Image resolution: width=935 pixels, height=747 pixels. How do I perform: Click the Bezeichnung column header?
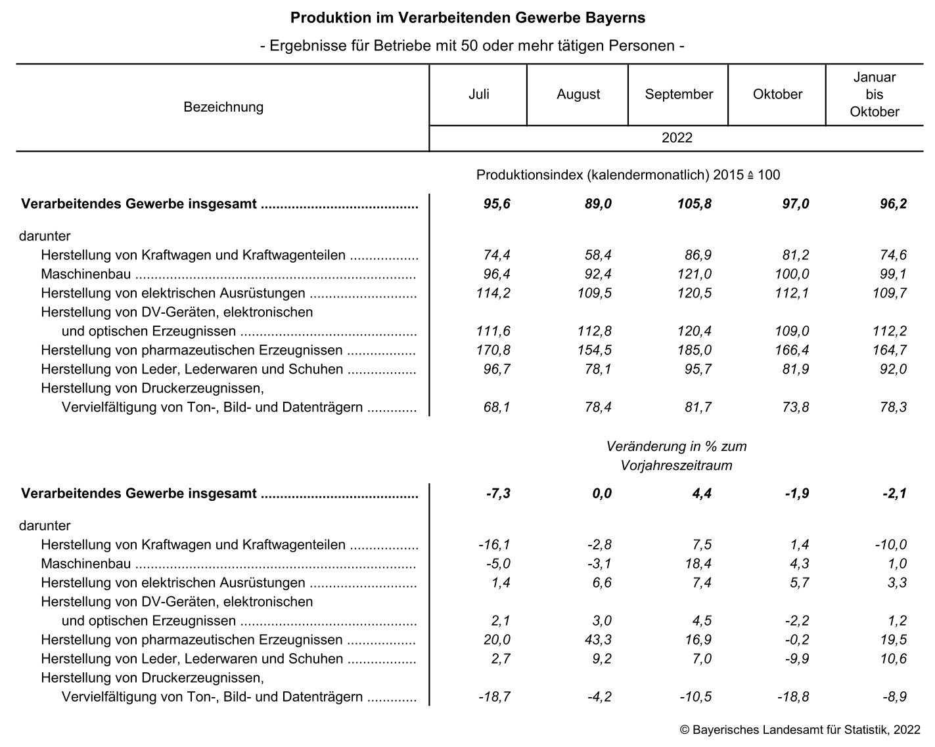(x=223, y=107)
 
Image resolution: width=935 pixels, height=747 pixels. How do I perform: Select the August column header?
(x=578, y=95)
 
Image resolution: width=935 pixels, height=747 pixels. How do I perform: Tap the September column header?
(x=679, y=95)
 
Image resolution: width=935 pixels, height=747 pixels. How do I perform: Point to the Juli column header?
(x=478, y=95)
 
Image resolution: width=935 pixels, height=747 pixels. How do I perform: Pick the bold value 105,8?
(x=694, y=204)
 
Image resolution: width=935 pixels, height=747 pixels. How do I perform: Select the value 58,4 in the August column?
(x=598, y=255)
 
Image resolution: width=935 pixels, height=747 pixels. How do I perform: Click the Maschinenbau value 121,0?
(x=695, y=274)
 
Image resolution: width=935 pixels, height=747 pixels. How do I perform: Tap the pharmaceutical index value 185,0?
(x=695, y=351)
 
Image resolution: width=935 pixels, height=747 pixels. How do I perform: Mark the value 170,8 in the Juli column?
(x=493, y=351)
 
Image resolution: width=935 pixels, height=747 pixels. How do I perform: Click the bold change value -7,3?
(x=497, y=494)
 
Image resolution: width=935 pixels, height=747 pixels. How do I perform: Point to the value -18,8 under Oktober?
(x=793, y=697)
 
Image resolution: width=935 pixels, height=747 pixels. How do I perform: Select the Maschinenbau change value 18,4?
(x=698, y=564)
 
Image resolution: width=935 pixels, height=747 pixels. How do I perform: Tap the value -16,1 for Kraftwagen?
(x=494, y=545)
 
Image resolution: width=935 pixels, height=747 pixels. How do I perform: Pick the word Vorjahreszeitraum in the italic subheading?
(x=676, y=466)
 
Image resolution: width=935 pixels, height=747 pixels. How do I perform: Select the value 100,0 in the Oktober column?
(x=792, y=274)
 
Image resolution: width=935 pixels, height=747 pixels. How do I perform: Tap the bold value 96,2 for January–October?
(x=894, y=204)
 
